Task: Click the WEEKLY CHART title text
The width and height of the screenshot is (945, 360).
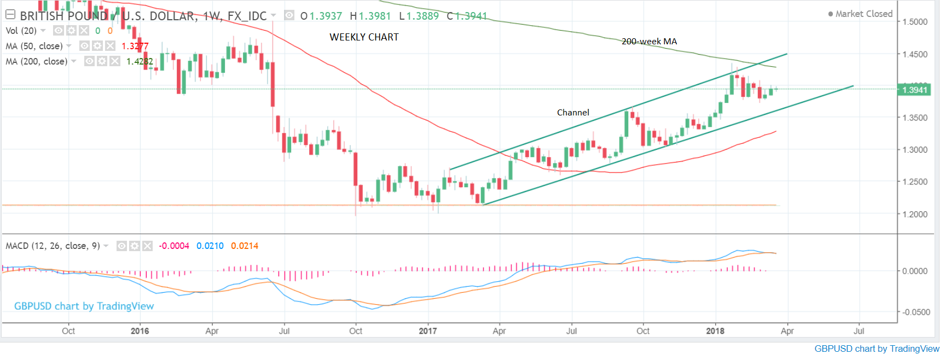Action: pos(364,37)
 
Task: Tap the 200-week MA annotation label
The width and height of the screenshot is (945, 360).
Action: pos(649,42)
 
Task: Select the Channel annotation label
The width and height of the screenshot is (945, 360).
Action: pos(573,113)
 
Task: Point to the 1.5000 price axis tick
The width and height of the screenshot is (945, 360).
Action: pos(915,22)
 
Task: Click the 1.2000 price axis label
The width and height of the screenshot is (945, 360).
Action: pos(915,214)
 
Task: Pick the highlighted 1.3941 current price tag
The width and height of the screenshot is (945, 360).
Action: pos(914,90)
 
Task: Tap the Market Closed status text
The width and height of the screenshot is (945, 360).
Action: pos(863,14)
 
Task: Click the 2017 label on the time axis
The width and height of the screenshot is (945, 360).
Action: pos(428,331)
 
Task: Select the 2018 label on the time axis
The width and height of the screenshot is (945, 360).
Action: pos(715,331)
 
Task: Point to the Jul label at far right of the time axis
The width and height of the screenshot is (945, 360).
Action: pos(859,331)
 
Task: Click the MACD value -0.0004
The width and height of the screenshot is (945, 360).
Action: pos(174,246)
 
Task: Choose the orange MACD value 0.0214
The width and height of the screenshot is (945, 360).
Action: pos(245,246)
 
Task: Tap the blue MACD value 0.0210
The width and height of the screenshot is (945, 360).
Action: pos(210,246)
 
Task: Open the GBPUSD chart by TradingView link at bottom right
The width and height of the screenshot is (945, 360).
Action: pos(877,349)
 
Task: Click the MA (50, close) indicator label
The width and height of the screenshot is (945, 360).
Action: pos(34,47)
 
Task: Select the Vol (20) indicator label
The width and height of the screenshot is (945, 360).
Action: pos(21,31)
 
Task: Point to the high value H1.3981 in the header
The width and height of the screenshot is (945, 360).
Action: pos(370,16)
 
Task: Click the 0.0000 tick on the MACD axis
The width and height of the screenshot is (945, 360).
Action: pos(915,271)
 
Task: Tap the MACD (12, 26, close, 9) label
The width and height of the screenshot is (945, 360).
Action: pos(53,246)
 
